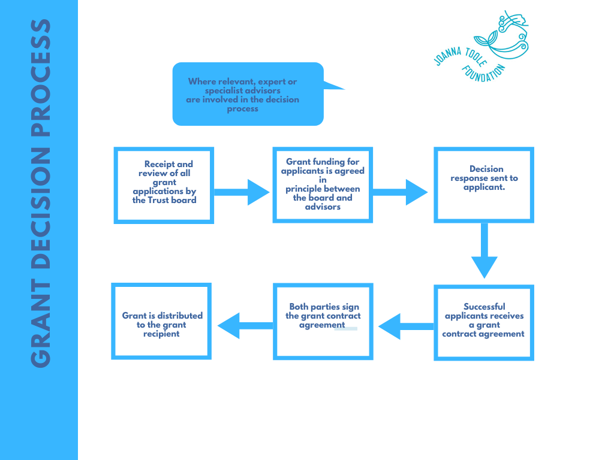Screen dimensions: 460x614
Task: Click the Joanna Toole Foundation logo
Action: click(481, 46)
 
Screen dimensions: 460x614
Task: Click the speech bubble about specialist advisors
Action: click(248, 94)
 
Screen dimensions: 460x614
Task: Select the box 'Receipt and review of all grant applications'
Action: click(164, 185)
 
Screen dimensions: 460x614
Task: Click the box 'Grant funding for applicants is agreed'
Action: click(323, 185)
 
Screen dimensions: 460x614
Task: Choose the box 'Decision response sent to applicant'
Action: click(484, 185)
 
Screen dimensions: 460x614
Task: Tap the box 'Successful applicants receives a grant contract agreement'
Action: click(484, 322)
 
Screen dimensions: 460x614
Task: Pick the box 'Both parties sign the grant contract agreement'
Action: click(323, 322)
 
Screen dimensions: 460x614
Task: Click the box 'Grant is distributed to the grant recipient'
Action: click(161, 322)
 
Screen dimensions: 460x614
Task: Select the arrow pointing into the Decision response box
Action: click(402, 192)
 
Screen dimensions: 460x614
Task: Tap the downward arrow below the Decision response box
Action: click(484, 252)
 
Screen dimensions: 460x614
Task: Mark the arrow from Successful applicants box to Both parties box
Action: click(405, 326)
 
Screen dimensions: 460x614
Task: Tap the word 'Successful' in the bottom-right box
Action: click(484, 307)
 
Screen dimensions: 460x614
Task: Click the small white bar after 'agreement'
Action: click(347, 328)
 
